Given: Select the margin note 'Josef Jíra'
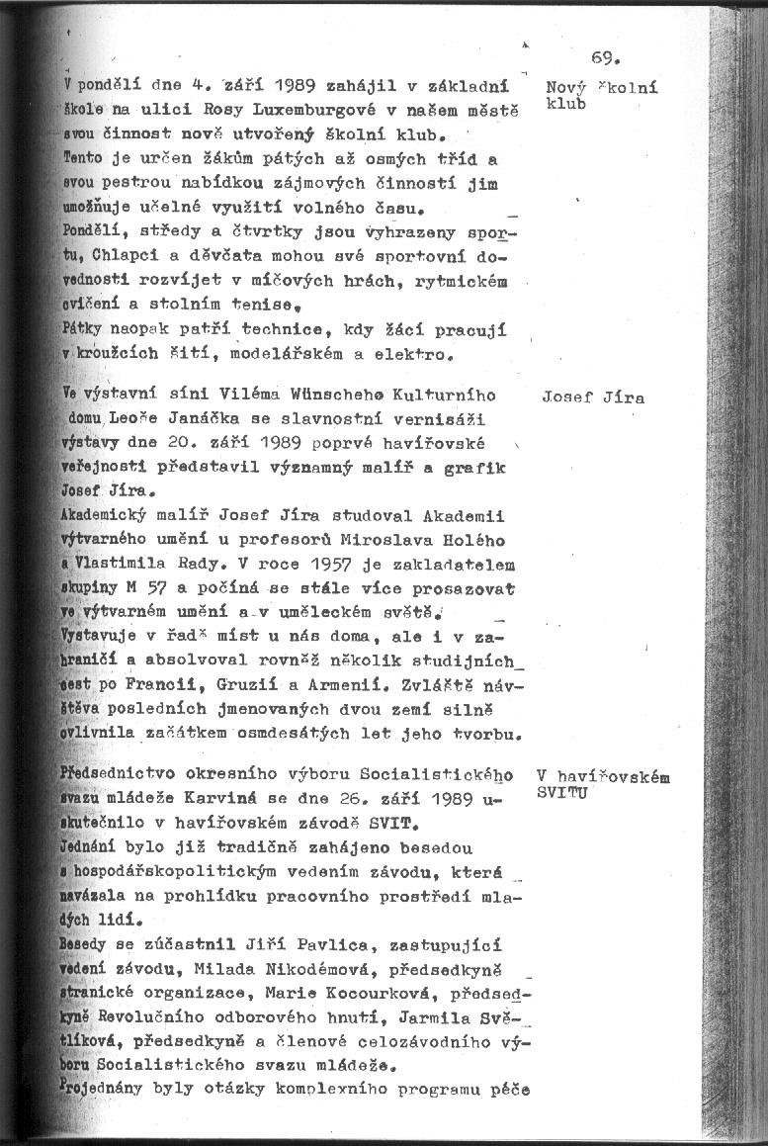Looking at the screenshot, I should coord(593,398).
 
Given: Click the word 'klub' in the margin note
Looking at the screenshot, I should coord(565,103).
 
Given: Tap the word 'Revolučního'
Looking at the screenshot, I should coord(154,1016).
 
